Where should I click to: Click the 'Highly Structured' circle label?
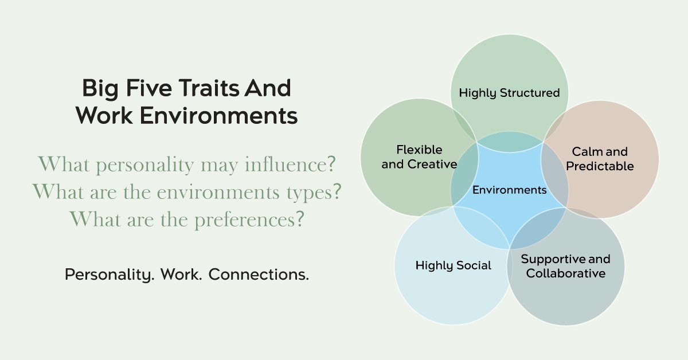tap(509, 93)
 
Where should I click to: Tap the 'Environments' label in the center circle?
tap(509, 190)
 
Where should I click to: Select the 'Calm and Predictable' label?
tap(600, 159)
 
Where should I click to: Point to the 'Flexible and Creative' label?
tap(419, 157)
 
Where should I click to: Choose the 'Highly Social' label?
tap(454, 265)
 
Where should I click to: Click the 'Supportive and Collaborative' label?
tap(566, 266)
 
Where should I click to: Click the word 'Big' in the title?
tap(100, 89)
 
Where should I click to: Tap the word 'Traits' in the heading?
tap(209, 88)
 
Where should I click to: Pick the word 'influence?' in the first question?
tap(290, 165)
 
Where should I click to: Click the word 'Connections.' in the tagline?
tap(259, 275)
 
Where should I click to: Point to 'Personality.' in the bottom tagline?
tap(110, 275)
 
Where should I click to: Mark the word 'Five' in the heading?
tap(148, 88)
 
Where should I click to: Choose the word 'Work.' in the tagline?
tap(181, 275)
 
